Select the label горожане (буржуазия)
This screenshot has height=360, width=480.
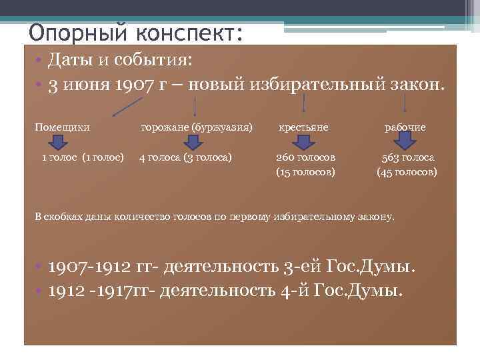pos(197,127)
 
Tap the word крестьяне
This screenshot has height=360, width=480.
pos(303,127)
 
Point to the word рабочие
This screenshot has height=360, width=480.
pos(405,127)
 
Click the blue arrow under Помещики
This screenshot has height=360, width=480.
pos(58,142)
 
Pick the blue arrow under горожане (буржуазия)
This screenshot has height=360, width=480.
pos(193,142)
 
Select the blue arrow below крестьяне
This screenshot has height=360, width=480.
pos(305,142)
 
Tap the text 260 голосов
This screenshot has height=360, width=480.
pos(305,158)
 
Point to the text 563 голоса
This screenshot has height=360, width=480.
pos(407,158)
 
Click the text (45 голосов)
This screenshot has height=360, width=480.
pos(407,172)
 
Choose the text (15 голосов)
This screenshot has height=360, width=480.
pos(305,172)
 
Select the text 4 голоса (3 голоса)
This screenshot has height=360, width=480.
pos(185,158)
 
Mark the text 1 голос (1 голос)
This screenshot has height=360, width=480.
pos(83,158)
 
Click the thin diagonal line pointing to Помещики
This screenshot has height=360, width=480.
pos(127,106)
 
